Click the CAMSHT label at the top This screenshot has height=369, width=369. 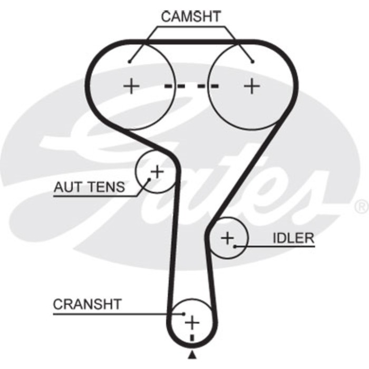coord(191,16)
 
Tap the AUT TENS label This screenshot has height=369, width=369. coord(89,187)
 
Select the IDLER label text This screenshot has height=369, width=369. coord(293,238)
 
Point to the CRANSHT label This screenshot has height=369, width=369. coord(87,304)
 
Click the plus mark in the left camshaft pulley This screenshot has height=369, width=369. coord(131,85)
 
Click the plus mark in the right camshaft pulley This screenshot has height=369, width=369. coord(253,85)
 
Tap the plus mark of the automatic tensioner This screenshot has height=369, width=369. coord(157,171)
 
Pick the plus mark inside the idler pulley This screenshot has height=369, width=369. coord(227,238)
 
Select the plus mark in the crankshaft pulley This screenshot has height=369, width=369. coord(192,321)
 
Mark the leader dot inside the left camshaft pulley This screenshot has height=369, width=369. coord(129,62)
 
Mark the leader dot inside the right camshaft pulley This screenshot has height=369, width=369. coord(253,62)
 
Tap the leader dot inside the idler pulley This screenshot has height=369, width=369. coord(235,246)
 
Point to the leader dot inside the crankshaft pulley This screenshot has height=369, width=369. coord(184,313)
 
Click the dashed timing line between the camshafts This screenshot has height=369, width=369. coord(191,85)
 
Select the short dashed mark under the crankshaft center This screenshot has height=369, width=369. coord(192,336)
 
